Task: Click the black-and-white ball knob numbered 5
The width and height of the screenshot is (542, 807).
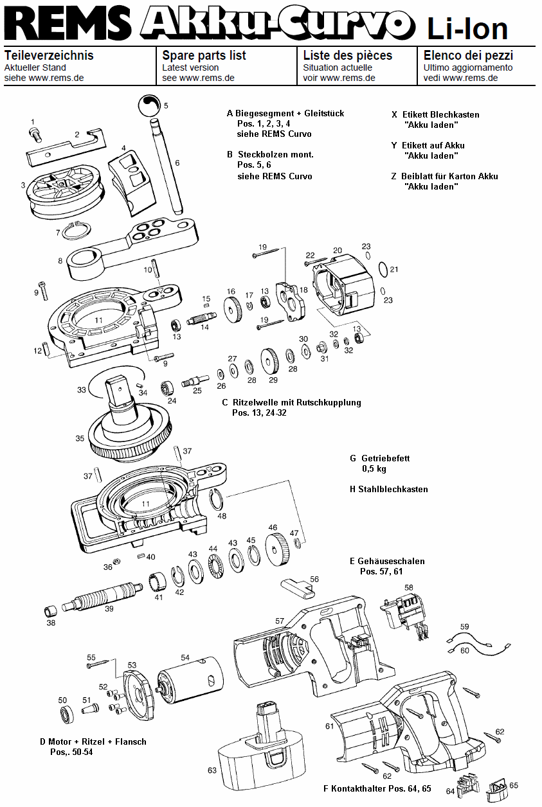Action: (149, 105)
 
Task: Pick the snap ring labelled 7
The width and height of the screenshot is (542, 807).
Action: (76, 230)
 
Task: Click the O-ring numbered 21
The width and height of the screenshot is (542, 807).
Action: (383, 269)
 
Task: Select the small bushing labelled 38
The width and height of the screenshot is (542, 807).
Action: (51, 612)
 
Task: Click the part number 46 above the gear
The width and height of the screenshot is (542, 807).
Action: (273, 528)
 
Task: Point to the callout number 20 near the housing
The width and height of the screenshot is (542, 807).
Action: (338, 250)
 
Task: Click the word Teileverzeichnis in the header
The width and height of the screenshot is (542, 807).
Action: (49, 55)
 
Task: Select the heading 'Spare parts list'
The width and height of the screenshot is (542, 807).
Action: (204, 55)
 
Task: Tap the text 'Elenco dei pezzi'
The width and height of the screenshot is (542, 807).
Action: (468, 55)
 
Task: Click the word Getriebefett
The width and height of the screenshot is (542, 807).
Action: (386, 458)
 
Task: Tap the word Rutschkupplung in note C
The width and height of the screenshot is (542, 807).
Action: (328, 402)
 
